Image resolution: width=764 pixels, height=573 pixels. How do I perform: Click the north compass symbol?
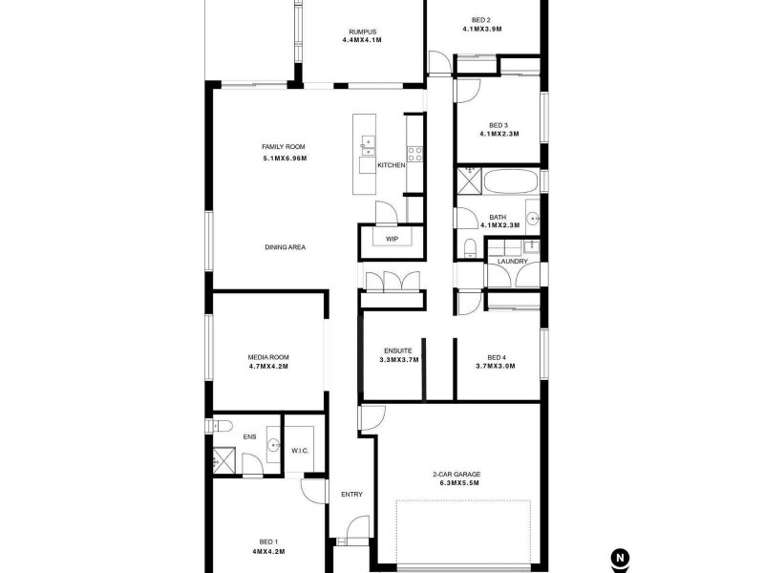[621, 558]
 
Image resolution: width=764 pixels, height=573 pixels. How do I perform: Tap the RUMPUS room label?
[362, 32]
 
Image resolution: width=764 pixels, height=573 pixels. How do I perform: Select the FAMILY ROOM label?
[284, 146]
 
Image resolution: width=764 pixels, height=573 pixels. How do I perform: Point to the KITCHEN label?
[392, 165]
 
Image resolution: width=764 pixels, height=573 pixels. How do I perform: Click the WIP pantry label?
[392, 238]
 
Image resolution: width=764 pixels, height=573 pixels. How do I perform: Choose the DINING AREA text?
[285, 247]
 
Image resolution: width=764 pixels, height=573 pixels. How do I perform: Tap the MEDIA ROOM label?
[267, 357]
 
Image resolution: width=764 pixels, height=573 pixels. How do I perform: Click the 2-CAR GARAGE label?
[456, 474]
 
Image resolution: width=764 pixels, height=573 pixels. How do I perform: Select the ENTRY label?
[351, 494]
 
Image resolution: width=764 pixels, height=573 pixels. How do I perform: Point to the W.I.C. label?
[299, 451]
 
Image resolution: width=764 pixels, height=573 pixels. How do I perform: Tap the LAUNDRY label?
[512, 261]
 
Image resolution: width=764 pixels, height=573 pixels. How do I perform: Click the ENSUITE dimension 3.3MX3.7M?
[399, 360]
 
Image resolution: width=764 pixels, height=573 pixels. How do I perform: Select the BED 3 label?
[499, 125]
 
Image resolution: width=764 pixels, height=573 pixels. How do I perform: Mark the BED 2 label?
[481, 20]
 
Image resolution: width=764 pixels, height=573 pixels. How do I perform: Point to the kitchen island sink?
[368, 146]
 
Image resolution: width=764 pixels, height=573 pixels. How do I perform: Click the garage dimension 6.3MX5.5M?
[456, 483]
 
